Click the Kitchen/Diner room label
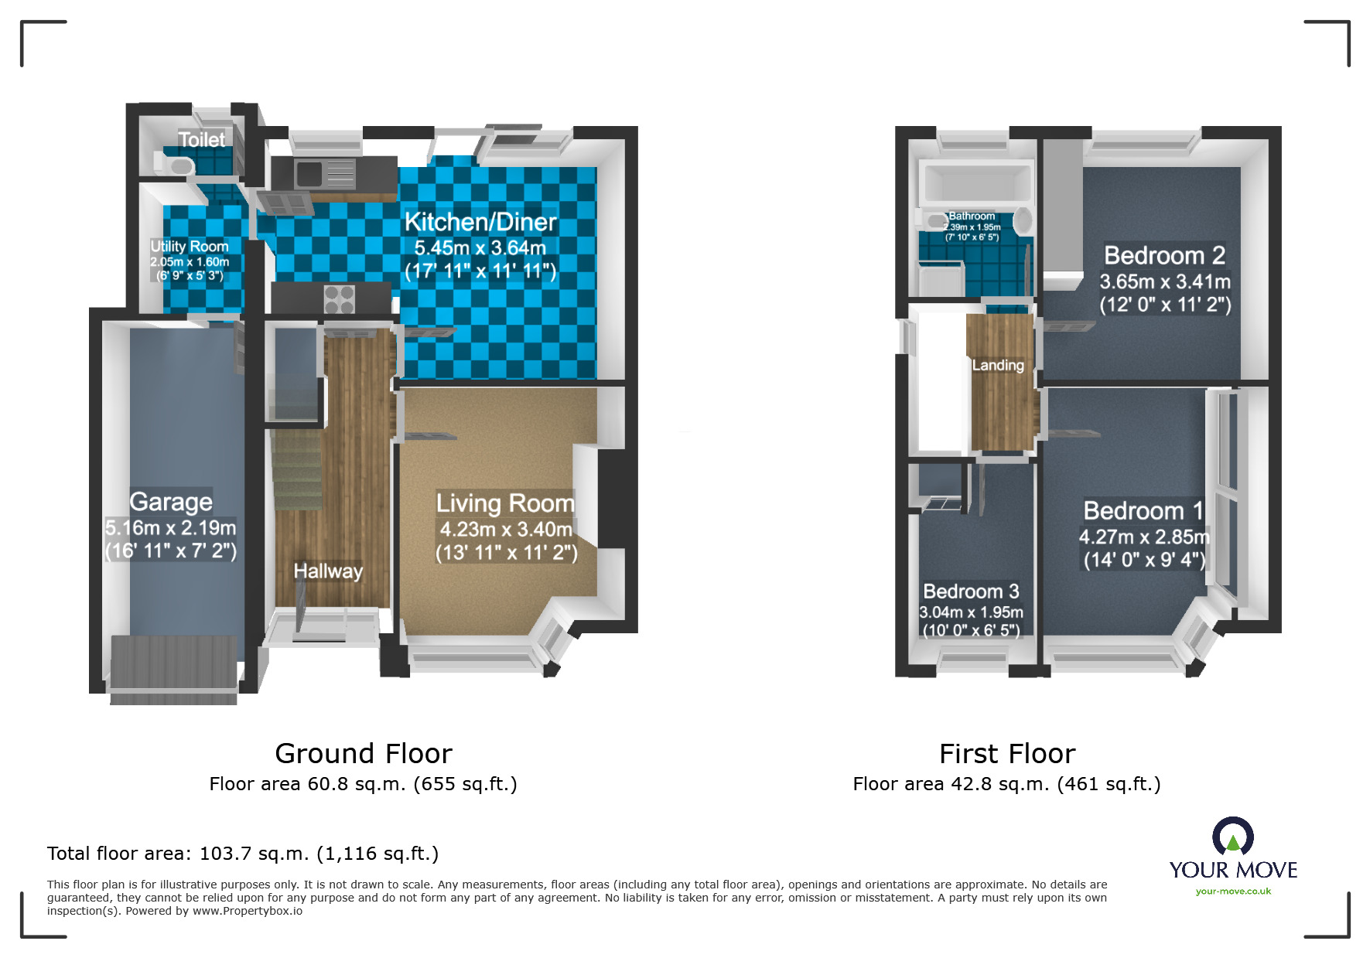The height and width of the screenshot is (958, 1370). (x=480, y=223)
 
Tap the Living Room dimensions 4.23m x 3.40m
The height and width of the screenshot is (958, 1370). (x=506, y=530)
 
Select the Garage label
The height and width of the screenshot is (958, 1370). (x=171, y=502)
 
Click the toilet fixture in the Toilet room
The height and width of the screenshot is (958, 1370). (x=176, y=165)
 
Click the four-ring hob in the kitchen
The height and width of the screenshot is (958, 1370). (x=339, y=299)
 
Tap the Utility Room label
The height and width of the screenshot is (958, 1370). (x=190, y=246)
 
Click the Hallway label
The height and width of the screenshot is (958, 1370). (x=328, y=571)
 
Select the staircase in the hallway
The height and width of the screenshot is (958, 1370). (x=296, y=472)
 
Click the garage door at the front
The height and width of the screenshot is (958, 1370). (x=173, y=670)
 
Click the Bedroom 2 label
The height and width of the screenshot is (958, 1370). (x=1164, y=255)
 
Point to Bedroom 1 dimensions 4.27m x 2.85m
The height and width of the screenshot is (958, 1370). (x=1144, y=537)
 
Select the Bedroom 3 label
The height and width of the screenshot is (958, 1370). (x=971, y=592)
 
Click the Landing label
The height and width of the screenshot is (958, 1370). (x=997, y=365)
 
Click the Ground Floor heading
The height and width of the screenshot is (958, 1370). (x=364, y=753)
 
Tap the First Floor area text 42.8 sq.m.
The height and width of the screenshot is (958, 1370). (x=1006, y=784)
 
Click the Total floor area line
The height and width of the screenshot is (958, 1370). (x=243, y=854)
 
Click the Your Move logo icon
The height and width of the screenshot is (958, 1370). (x=1232, y=837)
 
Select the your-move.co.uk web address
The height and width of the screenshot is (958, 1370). (x=1233, y=892)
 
